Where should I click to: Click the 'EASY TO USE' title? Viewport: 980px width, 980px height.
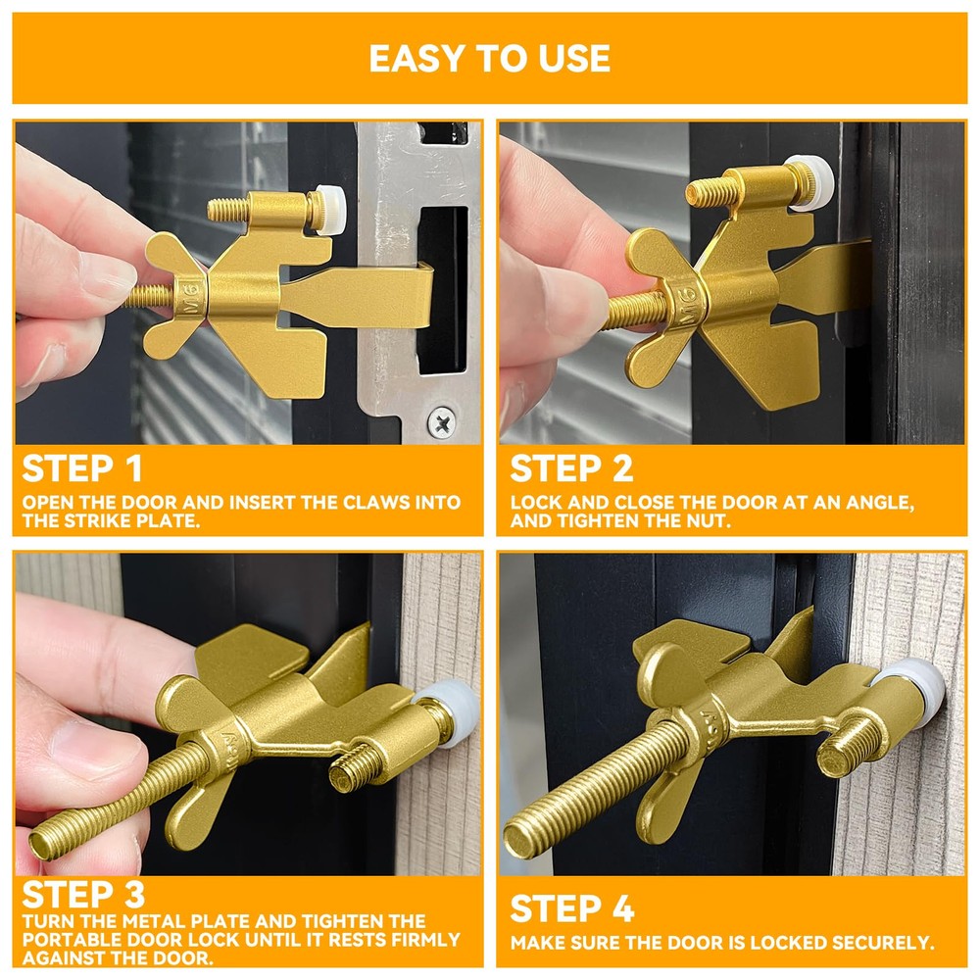(489, 58)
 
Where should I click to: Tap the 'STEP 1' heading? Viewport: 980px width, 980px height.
(82, 468)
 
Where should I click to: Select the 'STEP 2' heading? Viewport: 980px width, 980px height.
(571, 468)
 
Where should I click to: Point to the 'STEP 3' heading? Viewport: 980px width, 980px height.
(83, 895)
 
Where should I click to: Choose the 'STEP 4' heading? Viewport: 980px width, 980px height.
(572, 908)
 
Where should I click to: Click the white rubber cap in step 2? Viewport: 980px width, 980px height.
(810, 181)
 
